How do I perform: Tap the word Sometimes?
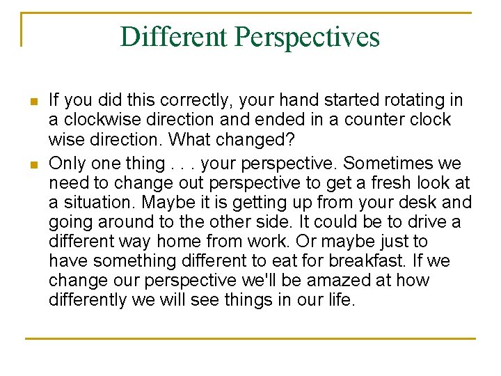pyautogui.click(x=390, y=164)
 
